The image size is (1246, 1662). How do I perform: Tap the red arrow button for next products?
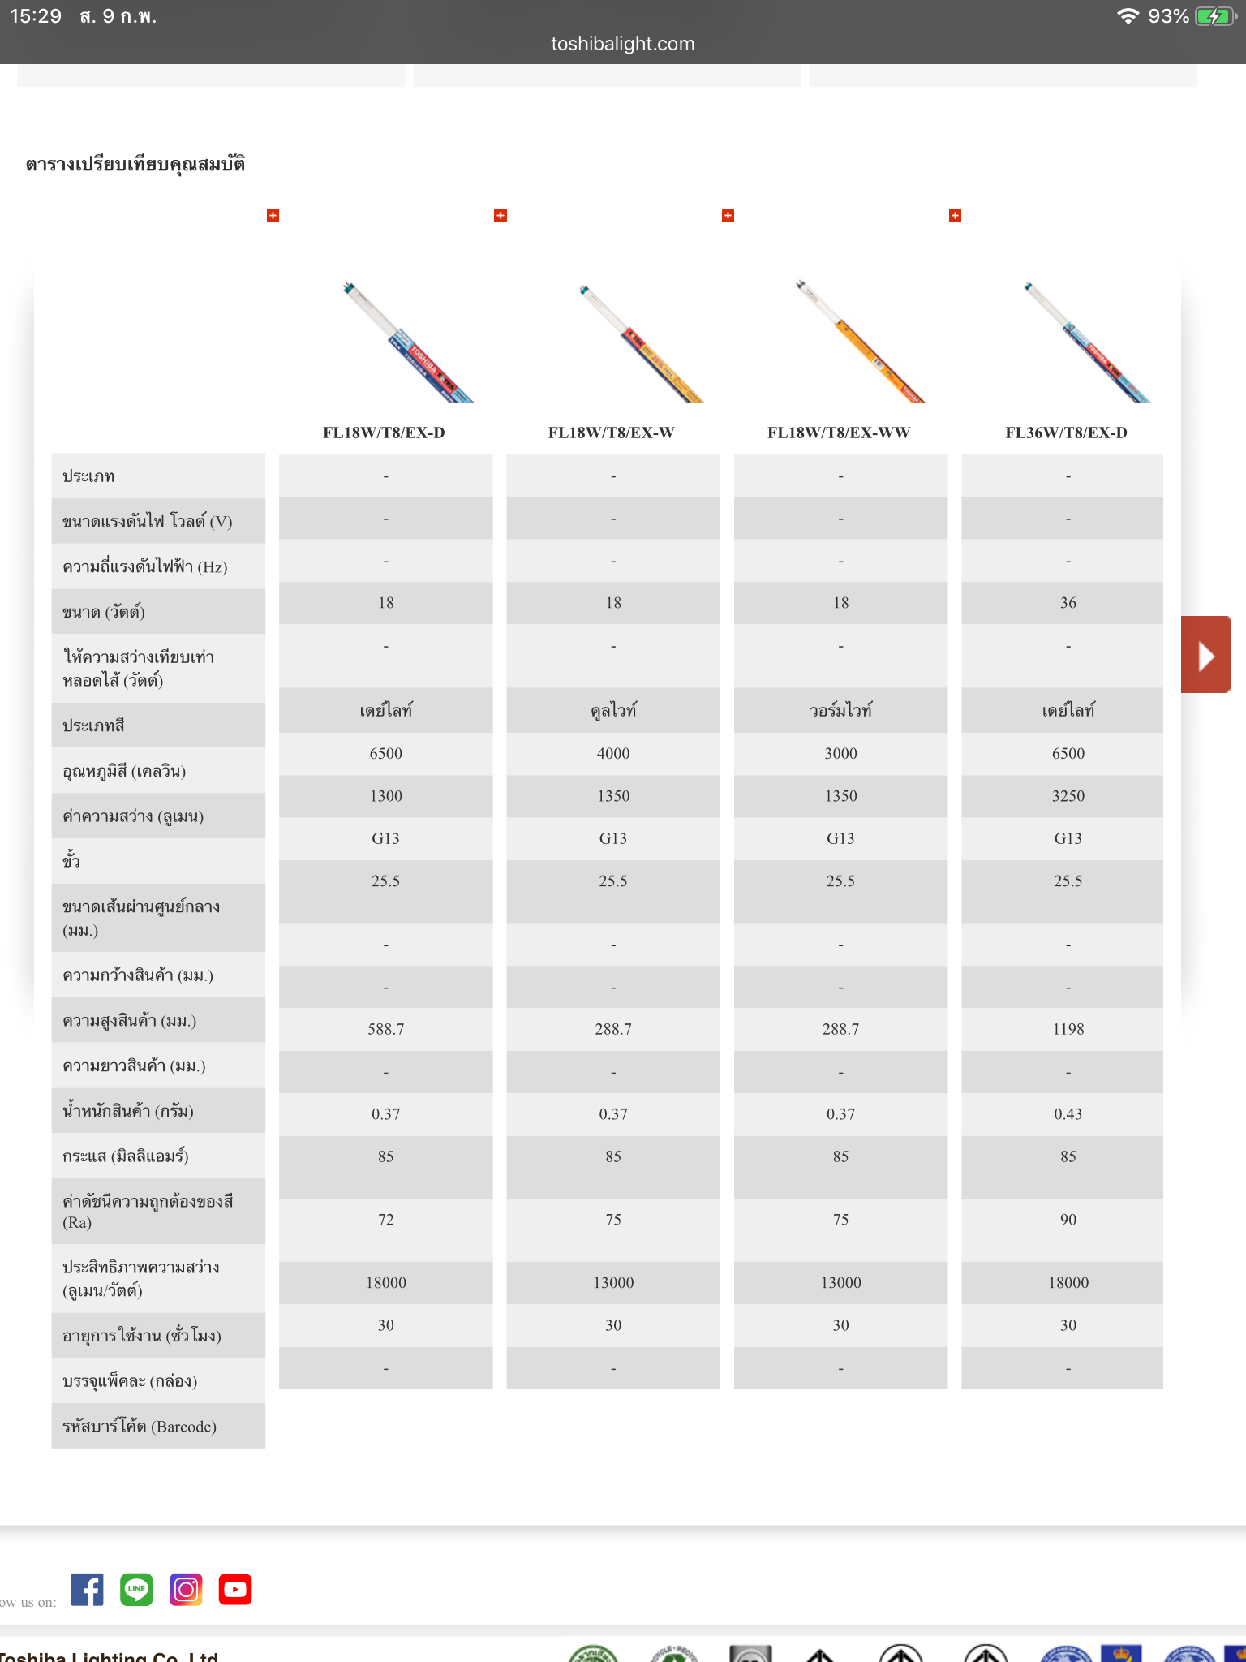[x=1205, y=654]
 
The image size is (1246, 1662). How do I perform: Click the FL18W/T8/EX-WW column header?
[x=839, y=433]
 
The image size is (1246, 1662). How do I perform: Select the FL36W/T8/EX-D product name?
[x=1066, y=433]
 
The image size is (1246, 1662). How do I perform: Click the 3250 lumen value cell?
[x=1068, y=796]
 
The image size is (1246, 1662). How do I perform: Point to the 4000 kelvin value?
[x=613, y=753]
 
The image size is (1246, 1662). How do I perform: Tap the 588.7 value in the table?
[x=386, y=1029]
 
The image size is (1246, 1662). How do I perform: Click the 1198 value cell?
[x=1068, y=1029]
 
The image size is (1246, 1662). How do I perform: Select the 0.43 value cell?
[x=1068, y=1114]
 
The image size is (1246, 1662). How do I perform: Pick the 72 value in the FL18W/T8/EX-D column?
[x=386, y=1220]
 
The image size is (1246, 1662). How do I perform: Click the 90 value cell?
[x=1068, y=1220]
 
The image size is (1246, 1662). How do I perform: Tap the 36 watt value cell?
[x=1068, y=603]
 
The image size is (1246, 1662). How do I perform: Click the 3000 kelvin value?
[x=840, y=753]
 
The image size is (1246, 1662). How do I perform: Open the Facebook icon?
[x=88, y=1589]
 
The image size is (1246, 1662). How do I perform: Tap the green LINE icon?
[x=136, y=1589]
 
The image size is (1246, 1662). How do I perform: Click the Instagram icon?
[x=186, y=1589]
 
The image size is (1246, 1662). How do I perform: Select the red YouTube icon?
[x=235, y=1589]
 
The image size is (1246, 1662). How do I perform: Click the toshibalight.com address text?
[x=623, y=44]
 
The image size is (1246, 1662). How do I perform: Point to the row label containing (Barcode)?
[x=140, y=1426]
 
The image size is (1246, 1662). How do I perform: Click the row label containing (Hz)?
[x=145, y=566]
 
